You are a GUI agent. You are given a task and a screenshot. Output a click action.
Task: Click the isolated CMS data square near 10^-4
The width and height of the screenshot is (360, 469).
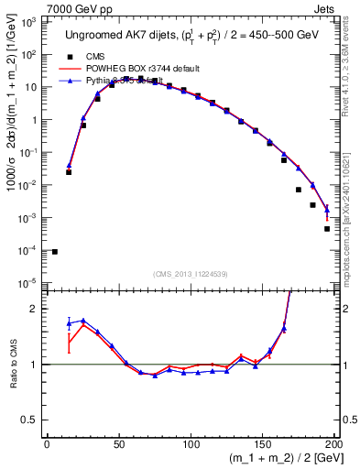coord(55,252)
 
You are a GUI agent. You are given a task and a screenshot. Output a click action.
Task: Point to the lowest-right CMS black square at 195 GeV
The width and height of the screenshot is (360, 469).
coord(327,229)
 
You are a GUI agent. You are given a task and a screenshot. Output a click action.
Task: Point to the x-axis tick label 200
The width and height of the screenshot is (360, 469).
coord(334,445)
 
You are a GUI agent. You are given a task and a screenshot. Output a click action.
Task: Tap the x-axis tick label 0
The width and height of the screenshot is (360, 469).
coord(48,445)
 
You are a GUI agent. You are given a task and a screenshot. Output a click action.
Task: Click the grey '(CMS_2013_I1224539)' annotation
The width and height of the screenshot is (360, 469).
coord(191,274)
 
